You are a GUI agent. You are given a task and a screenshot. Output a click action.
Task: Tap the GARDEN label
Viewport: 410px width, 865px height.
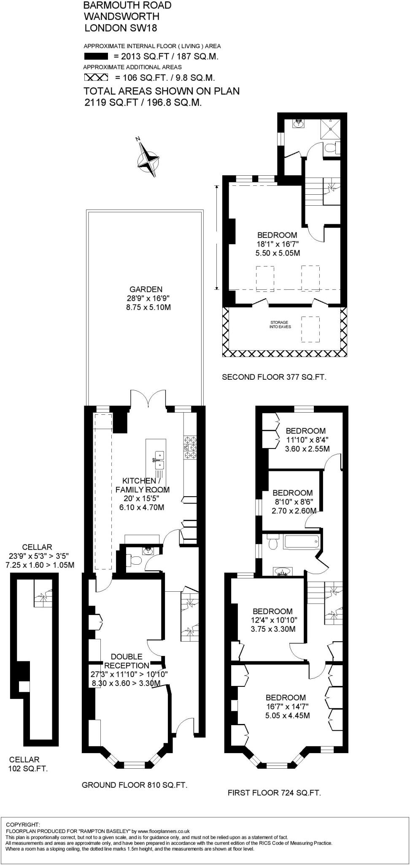pos(146,289)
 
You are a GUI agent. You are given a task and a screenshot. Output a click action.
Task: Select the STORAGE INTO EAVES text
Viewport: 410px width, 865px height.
pos(280,324)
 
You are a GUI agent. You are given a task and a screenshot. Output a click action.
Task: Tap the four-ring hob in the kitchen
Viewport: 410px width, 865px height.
pos(190,447)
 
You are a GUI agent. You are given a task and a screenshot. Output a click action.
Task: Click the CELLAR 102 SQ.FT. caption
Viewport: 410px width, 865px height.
pos(28,764)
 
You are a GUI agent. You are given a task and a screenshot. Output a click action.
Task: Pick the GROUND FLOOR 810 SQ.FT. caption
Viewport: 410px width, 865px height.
pos(134,785)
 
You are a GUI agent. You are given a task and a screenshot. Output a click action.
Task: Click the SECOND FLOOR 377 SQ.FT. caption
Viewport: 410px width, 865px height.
pos(274,377)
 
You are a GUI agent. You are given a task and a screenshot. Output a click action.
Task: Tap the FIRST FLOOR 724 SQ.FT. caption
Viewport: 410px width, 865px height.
pos(274,793)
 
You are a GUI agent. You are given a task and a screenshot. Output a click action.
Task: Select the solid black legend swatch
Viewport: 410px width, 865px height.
pos(97,57)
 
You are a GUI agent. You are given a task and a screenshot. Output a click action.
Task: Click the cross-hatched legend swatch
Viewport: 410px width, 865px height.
pos(97,78)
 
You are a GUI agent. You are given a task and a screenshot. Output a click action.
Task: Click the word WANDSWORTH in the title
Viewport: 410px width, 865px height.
pos(121,16)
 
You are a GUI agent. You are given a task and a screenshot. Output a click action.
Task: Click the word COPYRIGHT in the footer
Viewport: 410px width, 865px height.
pos(23,824)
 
